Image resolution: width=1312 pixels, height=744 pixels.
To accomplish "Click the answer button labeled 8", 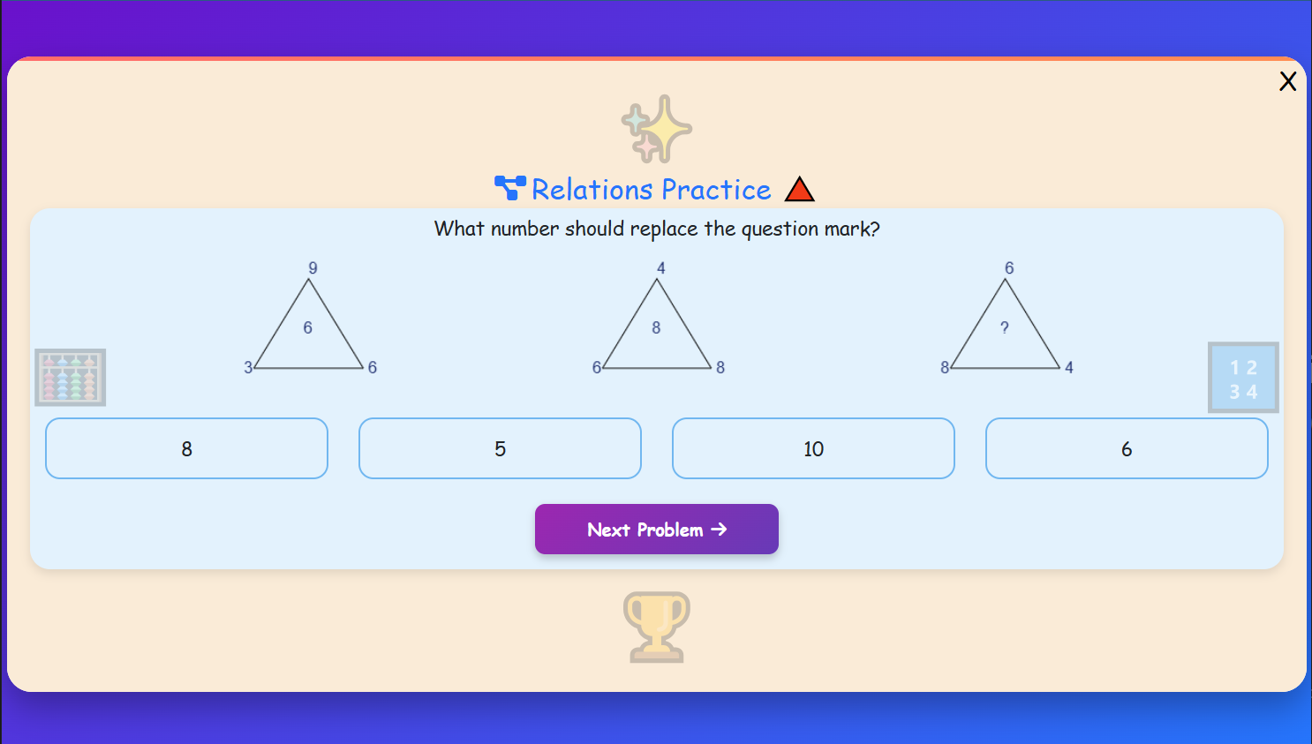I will click(186, 448).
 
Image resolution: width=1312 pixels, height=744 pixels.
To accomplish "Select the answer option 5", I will click(500, 448).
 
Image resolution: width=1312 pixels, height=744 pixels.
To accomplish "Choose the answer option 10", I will click(813, 448).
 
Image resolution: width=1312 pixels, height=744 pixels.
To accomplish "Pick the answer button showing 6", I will click(1127, 448).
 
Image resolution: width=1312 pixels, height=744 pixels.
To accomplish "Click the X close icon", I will click(1287, 82).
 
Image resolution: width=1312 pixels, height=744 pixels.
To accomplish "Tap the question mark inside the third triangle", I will click(1005, 327).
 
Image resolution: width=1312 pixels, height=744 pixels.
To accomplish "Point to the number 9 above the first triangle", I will click(313, 267).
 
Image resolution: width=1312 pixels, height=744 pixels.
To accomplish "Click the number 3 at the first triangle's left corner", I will click(248, 367).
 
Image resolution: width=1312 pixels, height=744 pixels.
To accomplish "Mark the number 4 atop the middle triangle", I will click(660, 267).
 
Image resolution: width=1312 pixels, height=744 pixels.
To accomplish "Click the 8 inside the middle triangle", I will click(656, 327).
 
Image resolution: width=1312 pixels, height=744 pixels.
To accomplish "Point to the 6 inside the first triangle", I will click(307, 327).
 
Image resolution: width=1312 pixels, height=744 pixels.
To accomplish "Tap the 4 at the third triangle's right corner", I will click(1069, 367).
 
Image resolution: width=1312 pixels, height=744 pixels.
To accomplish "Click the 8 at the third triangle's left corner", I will click(945, 367).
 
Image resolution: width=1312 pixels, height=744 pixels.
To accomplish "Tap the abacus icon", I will click(71, 378).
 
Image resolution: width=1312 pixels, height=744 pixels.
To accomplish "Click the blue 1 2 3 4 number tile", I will click(1243, 378).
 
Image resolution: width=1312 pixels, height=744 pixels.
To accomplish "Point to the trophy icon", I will click(656, 627).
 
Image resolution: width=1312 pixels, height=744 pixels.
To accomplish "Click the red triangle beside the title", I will click(799, 190).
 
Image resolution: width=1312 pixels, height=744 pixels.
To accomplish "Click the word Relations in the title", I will click(592, 190).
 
